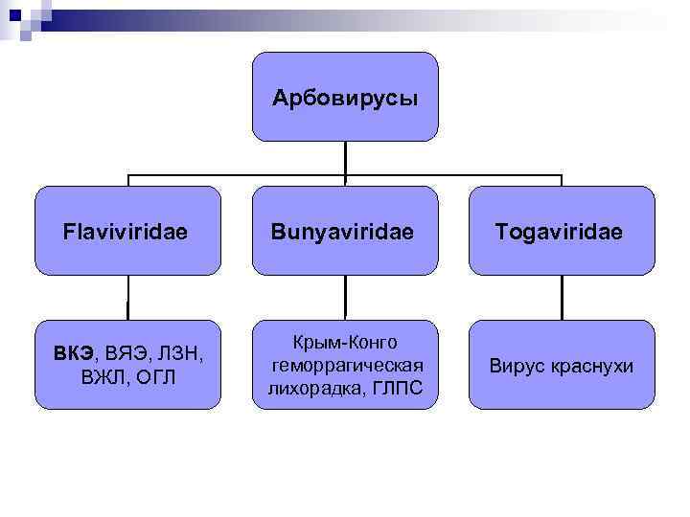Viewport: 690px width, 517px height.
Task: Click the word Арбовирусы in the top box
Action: pos(345,98)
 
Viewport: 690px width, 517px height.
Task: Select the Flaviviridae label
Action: pos(125,232)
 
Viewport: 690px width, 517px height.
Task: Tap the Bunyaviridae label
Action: pos(342,232)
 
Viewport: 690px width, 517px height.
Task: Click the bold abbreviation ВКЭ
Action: pos(73,353)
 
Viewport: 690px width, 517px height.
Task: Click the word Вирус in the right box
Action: pos(517,366)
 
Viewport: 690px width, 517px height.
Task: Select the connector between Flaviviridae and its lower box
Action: pos(128,298)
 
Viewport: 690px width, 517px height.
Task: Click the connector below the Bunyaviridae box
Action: pos(345,298)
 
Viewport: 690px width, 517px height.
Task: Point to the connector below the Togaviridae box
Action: pos(562,298)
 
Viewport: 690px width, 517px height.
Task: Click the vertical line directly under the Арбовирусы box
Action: pos(345,158)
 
